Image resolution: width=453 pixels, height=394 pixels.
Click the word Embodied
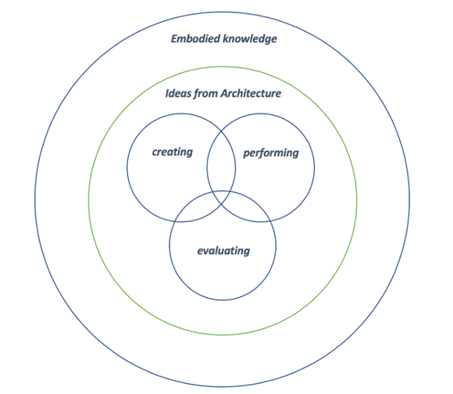[x=196, y=38]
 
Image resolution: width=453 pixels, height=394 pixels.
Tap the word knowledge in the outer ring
[x=250, y=39]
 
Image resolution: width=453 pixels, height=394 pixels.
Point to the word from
[x=205, y=94]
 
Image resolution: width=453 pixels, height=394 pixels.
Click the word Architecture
[x=251, y=93]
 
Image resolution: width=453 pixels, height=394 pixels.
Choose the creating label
[x=173, y=152]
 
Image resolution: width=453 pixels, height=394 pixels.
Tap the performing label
[x=271, y=153]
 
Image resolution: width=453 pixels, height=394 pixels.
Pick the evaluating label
[x=223, y=251]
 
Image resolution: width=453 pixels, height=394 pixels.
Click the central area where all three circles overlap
[x=222, y=198]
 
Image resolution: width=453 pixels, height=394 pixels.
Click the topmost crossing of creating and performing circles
[x=221, y=131]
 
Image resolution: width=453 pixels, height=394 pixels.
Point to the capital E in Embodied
[x=174, y=39]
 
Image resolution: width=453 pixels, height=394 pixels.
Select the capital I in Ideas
[x=167, y=94]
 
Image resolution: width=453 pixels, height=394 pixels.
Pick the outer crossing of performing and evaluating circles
[x=269, y=221]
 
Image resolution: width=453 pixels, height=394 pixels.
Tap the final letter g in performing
[x=295, y=154]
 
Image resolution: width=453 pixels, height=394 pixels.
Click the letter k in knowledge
[x=226, y=39]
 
